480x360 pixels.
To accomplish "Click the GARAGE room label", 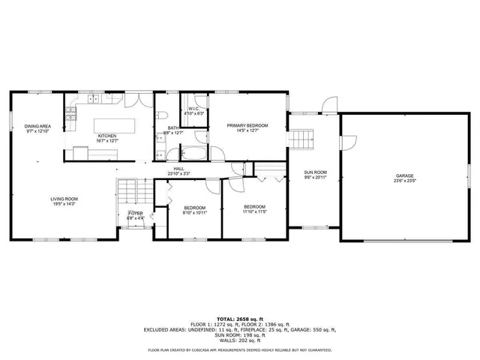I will tap(405, 176).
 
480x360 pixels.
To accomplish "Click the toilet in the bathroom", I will tap(161, 115).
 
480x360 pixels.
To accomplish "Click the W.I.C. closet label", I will tap(193, 109).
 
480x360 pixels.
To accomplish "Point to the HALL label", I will tap(178, 169).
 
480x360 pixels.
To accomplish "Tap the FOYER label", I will tap(135, 213).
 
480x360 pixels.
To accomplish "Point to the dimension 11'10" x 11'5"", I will tap(254, 211).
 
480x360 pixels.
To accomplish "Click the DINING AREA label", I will tap(37, 126).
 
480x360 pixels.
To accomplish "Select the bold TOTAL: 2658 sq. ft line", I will tap(240, 319).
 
